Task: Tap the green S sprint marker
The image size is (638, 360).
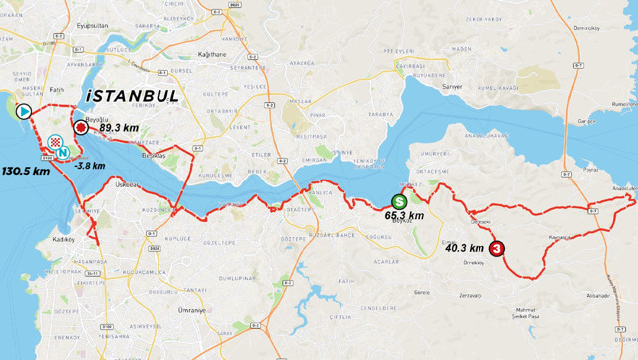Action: pos(399,200)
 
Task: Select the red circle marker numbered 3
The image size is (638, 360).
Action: pos(497,250)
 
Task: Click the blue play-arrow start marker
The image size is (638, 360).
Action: pos(23,111)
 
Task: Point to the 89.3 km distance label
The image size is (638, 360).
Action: pos(118,128)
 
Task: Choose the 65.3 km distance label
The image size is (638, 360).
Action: pos(403,215)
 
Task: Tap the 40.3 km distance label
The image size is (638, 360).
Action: pos(465,248)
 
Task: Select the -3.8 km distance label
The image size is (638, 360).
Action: pos(89,166)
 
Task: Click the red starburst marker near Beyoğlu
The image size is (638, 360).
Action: pos(82,127)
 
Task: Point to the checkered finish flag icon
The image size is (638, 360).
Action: pos(54,141)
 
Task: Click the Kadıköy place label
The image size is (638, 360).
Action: pos(64,240)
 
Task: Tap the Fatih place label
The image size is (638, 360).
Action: pos(57,90)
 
